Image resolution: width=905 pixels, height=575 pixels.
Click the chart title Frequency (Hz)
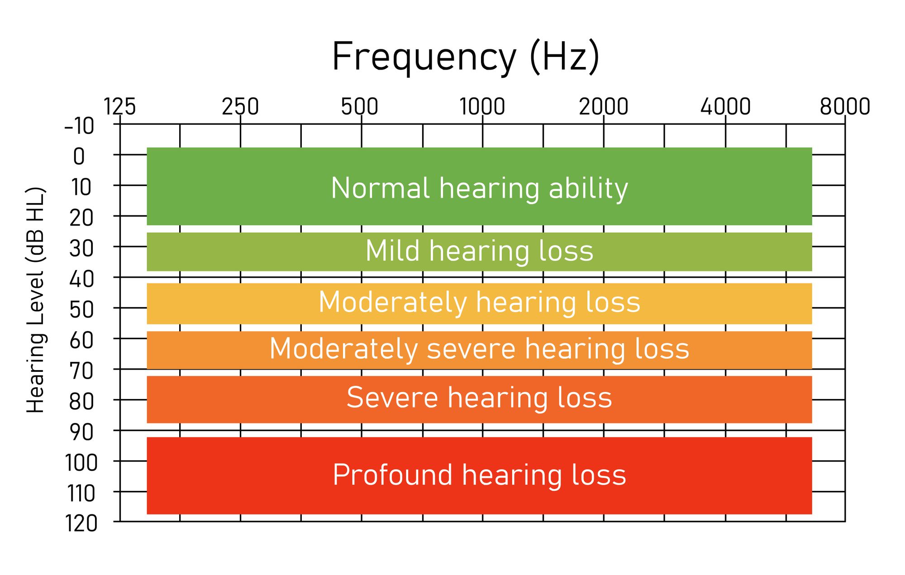tap(466, 57)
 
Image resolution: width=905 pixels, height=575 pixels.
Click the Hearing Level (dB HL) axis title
tap(36, 300)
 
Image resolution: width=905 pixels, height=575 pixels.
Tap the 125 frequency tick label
tap(119, 107)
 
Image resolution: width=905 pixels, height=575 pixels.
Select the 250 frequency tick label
tap(240, 107)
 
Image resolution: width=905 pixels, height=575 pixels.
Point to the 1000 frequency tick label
tap(482, 107)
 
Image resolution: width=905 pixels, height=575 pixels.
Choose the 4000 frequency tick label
tap(725, 107)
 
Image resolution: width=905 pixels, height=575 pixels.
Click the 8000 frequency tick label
tap(845, 107)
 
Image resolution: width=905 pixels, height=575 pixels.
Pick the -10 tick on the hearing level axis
tap(79, 126)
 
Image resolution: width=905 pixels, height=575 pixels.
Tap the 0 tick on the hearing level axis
tap(79, 157)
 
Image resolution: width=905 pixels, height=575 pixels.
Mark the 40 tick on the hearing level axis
tap(81, 279)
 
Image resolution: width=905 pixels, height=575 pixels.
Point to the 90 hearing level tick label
tap(81, 432)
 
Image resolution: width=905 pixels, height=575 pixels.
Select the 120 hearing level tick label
tap(81, 524)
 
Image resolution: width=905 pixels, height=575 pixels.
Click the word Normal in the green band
tap(380, 188)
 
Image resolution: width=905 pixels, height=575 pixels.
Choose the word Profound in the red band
tap(392, 475)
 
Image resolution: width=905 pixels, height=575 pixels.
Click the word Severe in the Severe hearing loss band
tap(392, 398)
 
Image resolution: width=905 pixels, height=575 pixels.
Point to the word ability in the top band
tap(588, 189)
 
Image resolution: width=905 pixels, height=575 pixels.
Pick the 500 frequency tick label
tap(360, 107)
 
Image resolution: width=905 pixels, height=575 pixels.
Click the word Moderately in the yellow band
tap(393, 302)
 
